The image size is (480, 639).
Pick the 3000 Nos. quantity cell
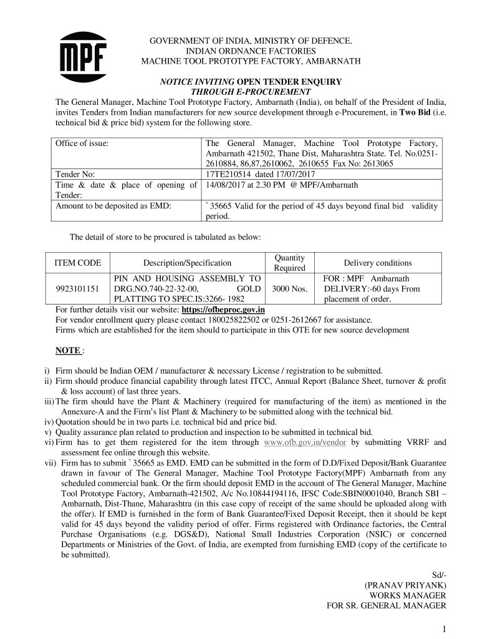tap(290, 289)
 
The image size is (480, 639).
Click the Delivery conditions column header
tap(377, 263)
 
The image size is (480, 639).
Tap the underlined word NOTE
tap(68, 351)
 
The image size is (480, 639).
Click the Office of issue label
tap(82, 143)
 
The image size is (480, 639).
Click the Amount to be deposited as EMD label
tap(114, 206)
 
